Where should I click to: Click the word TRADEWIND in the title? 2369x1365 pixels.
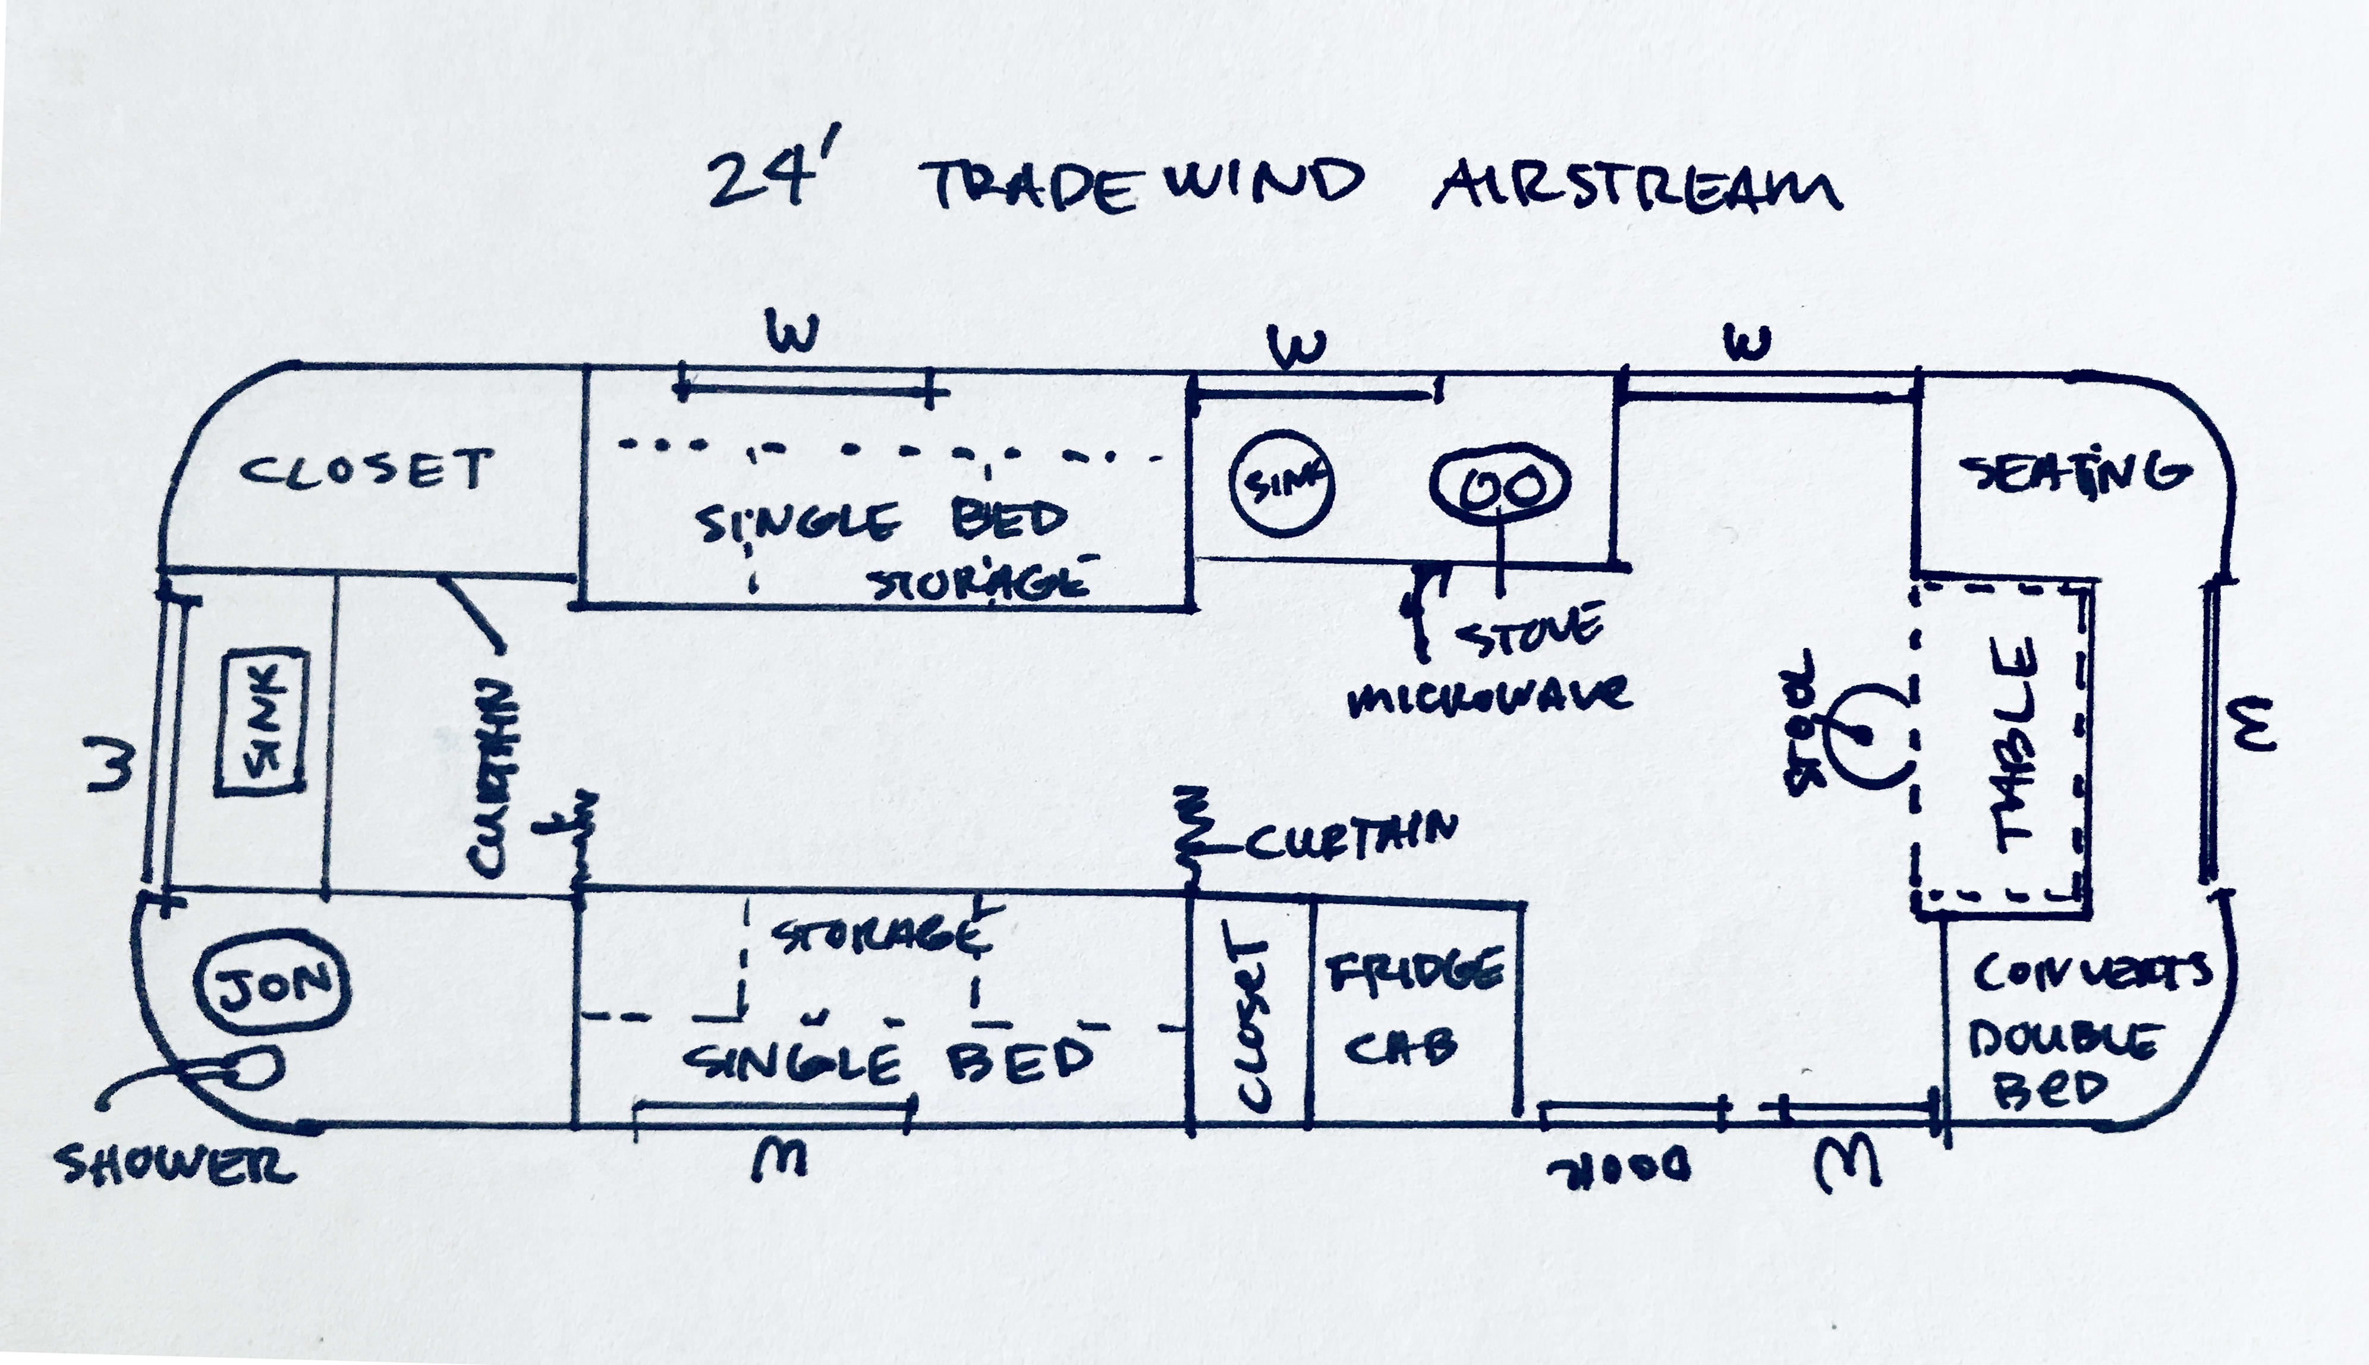pyautogui.click(x=1142, y=185)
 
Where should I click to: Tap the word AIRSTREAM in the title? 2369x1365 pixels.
pyautogui.click(x=1637, y=187)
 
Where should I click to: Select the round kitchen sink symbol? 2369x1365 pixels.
pyautogui.click(x=1281, y=483)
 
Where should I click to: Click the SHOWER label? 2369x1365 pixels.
pyautogui.click(x=176, y=1165)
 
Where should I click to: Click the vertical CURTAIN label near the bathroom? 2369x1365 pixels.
pyautogui.click(x=491, y=778)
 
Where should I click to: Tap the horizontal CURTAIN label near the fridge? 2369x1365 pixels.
pyautogui.click(x=1350, y=836)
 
